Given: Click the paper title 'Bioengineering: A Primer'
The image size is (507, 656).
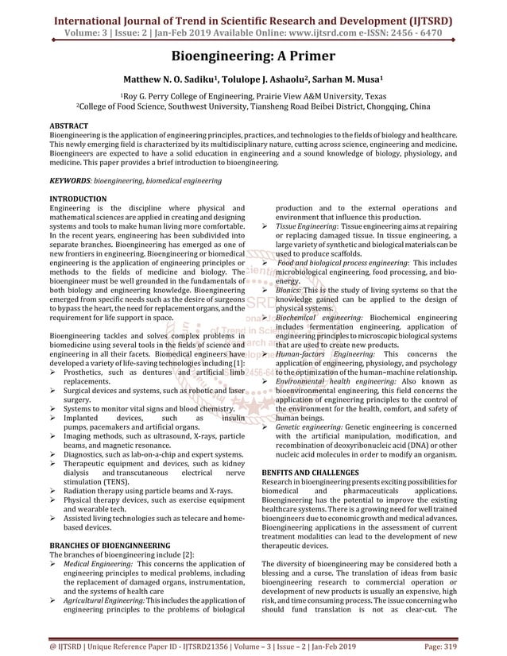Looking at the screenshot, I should click(x=253, y=56).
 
